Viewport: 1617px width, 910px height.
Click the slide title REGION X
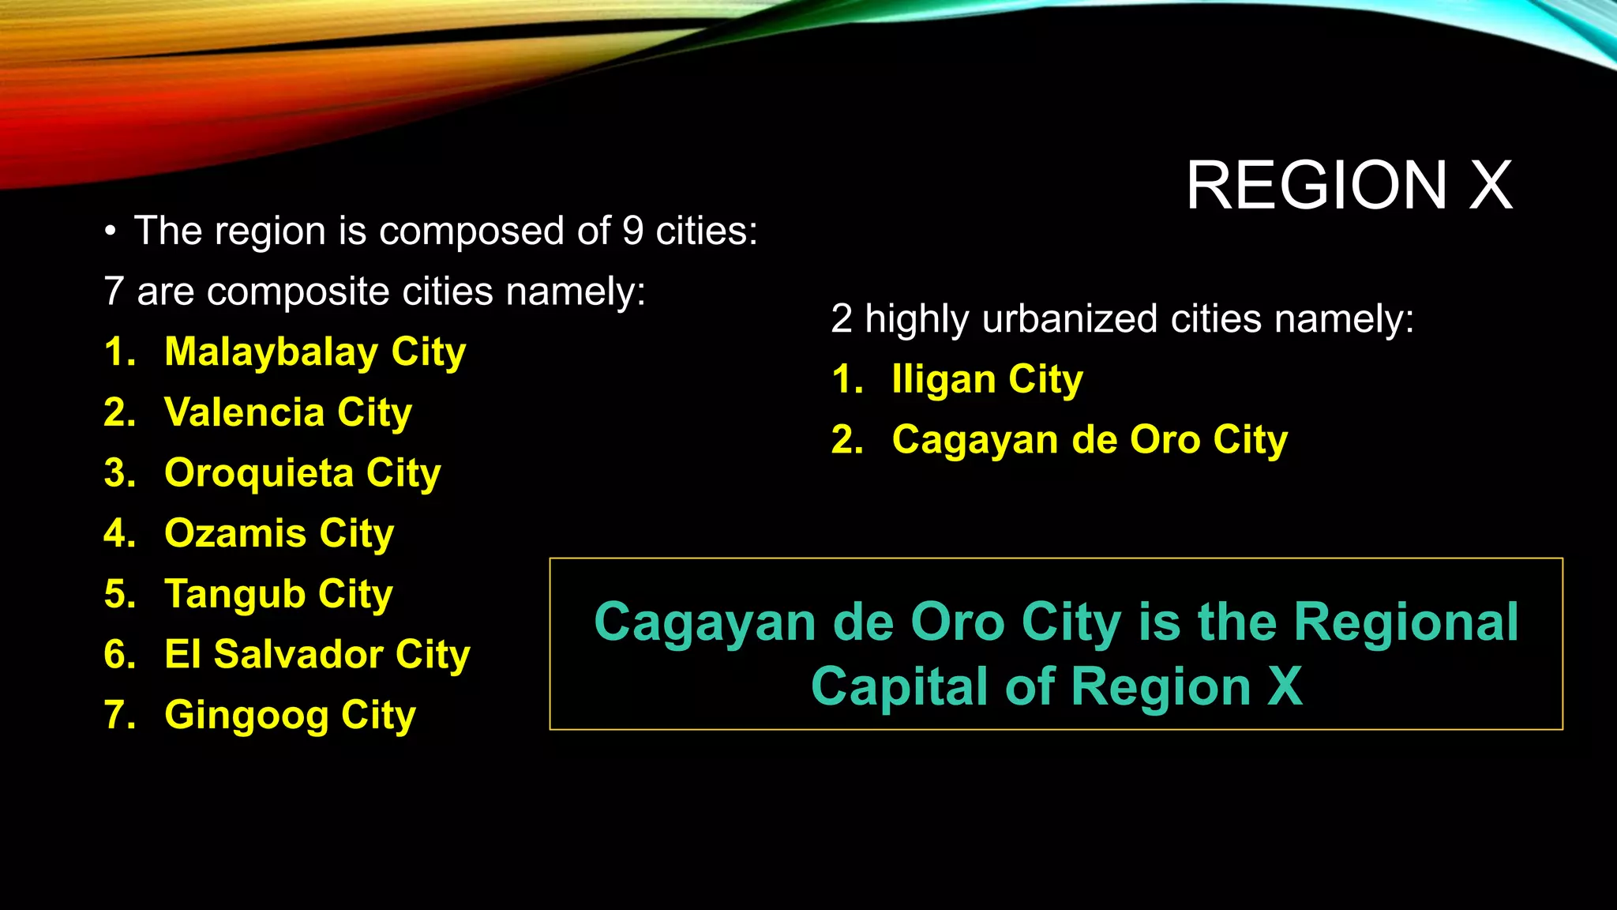(x=1349, y=186)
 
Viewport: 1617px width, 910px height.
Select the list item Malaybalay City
(x=314, y=352)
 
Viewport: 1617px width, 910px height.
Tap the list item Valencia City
(x=287, y=412)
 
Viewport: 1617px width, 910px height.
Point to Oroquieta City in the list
(x=302, y=473)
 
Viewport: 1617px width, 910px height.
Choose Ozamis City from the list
(x=279, y=533)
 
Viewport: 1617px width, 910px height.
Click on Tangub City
(x=278, y=594)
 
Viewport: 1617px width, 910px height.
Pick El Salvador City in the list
(x=317, y=654)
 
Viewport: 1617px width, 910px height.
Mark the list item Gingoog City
(x=290, y=715)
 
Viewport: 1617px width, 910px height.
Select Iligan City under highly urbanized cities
(x=987, y=380)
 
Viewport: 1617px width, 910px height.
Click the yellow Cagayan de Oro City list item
(x=1090, y=440)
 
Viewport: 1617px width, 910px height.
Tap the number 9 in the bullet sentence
(x=632, y=231)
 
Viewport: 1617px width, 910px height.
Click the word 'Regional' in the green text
(x=1405, y=622)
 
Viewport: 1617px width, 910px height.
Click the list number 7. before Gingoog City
(x=119, y=715)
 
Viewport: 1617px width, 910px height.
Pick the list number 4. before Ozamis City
(x=119, y=533)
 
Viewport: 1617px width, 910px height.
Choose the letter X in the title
(x=1491, y=186)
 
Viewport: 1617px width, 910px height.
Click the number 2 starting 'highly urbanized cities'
(x=841, y=319)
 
